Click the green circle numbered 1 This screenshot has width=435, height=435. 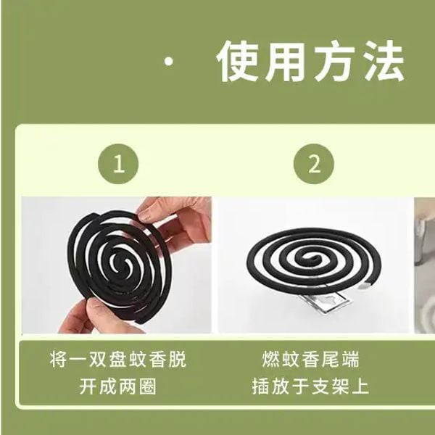coord(118,164)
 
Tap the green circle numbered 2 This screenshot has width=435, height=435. coord(313,164)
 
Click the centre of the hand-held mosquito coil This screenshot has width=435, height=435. coord(118,262)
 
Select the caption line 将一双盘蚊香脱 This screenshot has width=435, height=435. coord(118,360)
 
